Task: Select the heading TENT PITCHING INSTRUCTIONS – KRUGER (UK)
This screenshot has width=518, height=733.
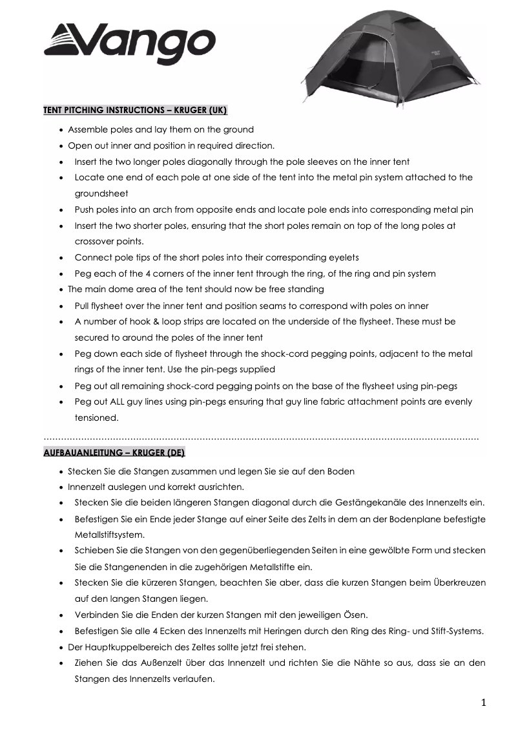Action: (135, 110)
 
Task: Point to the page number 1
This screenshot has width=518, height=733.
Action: (483, 703)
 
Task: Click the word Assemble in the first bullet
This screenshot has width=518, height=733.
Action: (90, 129)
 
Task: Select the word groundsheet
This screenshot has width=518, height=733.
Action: (102, 193)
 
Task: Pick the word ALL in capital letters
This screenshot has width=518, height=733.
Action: (121, 402)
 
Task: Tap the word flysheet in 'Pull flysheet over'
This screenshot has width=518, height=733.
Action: (110, 306)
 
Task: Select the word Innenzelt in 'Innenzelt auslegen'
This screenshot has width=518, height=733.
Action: (87, 487)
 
